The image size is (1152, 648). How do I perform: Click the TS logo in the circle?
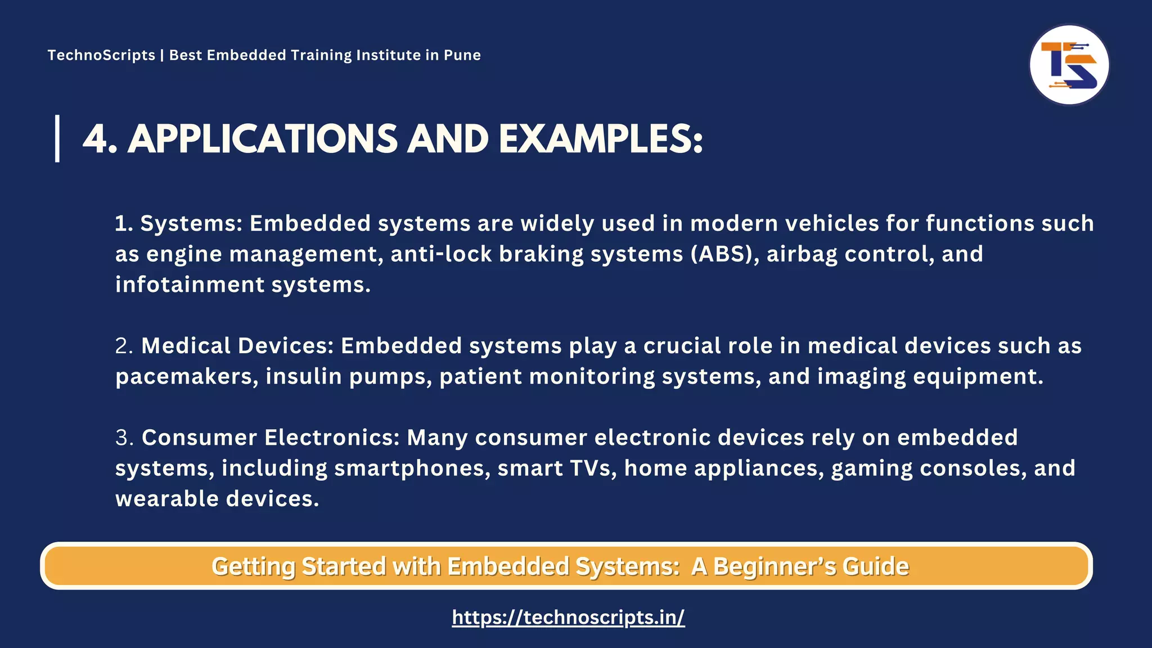(x=1069, y=65)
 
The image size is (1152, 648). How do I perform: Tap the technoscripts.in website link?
(x=568, y=617)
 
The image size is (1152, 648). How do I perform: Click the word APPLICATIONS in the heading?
(x=263, y=139)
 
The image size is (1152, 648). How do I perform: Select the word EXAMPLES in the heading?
(x=600, y=139)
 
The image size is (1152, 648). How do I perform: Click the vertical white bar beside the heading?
(x=57, y=138)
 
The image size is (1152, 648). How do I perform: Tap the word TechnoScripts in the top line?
(x=101, y=55)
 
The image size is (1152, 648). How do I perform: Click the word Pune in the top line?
(x=462, y=55)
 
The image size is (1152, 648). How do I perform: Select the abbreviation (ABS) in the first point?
(x=724, y=254)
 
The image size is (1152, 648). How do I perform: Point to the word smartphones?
(x=412, y=468)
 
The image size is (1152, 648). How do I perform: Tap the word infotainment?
(x=190, y=285)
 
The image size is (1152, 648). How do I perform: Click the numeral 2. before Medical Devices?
(x=124, y=346)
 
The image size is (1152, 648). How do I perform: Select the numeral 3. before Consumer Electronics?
(x=124, y=438)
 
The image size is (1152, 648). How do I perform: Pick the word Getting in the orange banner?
(x=253, y=566)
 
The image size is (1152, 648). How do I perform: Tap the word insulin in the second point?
(x=304, y=376)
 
